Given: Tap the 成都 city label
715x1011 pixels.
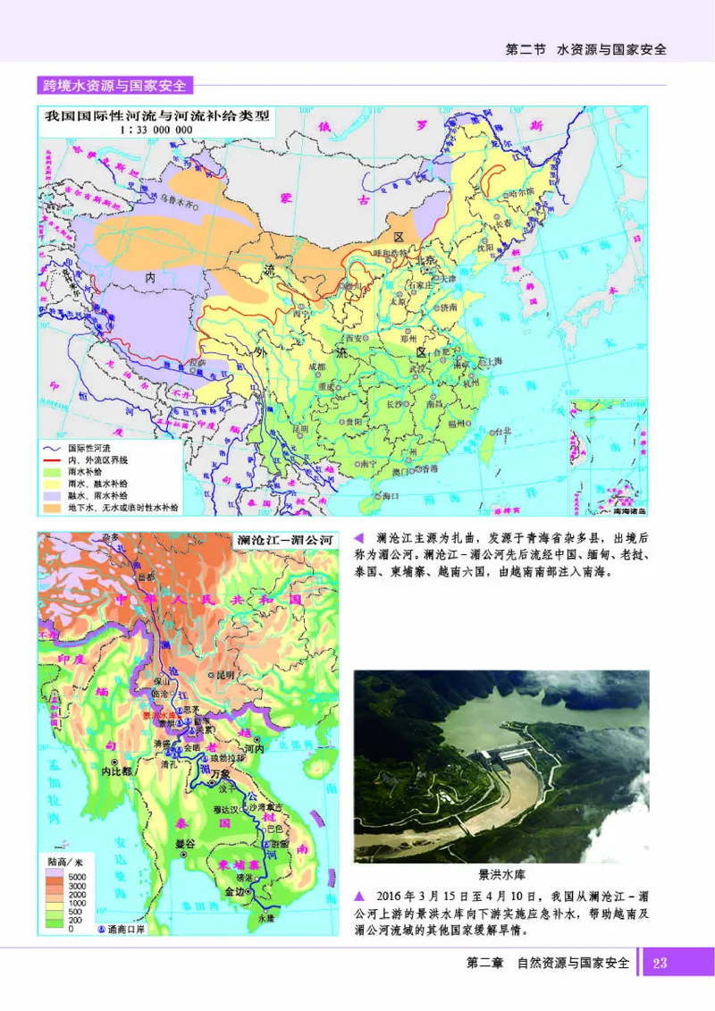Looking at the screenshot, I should coord(317,366).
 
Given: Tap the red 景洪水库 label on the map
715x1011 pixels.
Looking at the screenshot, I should coord(158,716).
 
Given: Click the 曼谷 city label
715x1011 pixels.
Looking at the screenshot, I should coord(185,843).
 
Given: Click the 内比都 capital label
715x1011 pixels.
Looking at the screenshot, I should coord(116,770).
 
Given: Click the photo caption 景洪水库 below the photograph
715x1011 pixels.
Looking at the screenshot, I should coord(501,876).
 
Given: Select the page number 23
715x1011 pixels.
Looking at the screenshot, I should coord(660,963).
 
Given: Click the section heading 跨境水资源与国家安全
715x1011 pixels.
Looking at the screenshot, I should coord(114,87).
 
